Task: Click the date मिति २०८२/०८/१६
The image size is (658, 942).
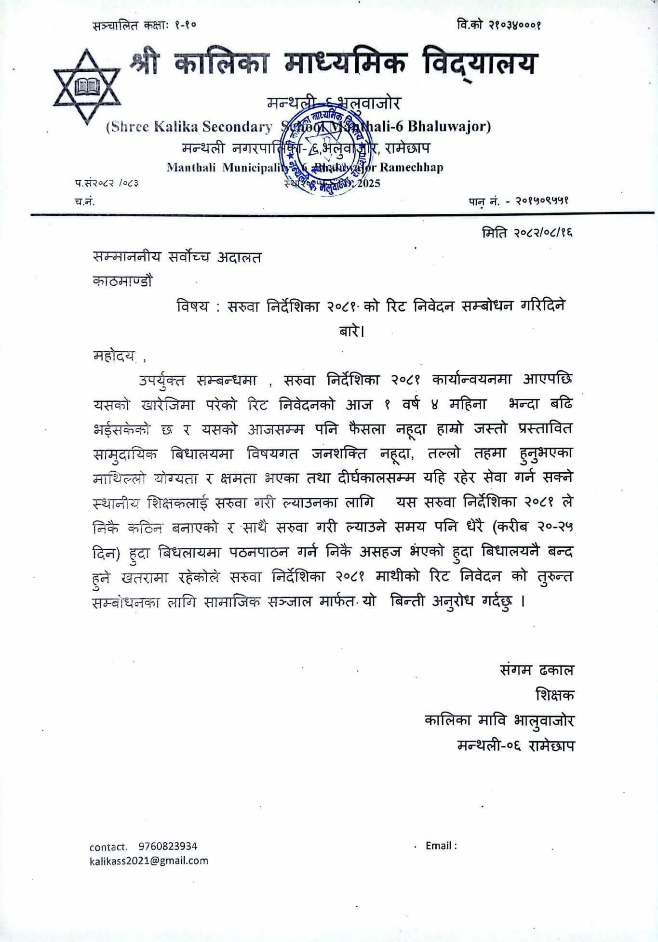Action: [526, 233]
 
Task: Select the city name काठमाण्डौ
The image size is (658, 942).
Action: [122, 281]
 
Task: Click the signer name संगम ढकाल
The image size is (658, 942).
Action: [537, 670]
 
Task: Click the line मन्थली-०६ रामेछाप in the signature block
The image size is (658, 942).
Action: [516, 745]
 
